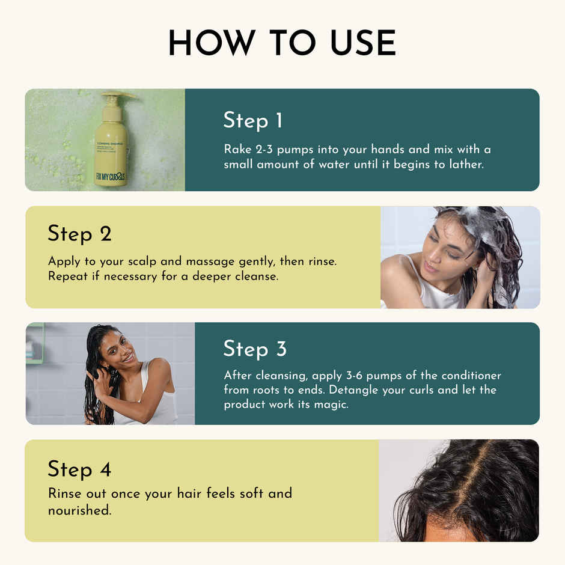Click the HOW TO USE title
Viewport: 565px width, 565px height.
pos(282,43)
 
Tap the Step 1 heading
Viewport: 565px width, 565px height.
pos(252,120)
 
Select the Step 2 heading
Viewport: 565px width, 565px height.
pos(79,234)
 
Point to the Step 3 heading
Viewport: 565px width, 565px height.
pos(255,349)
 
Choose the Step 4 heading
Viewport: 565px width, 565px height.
pos(79,469)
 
